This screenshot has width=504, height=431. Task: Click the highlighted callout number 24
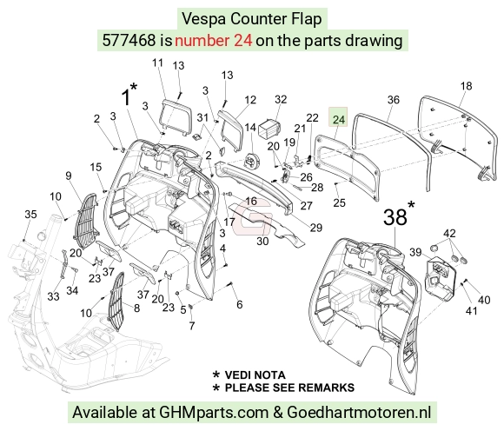(339, 120)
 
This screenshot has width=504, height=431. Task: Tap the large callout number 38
(395, 217)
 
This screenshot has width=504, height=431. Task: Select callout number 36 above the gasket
(393, 100)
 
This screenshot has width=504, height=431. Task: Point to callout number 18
(466, 86)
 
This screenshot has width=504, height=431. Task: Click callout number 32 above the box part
(281, 99)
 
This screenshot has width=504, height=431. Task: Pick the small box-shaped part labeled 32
(269, 128)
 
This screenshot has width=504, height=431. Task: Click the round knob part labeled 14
(251, 161)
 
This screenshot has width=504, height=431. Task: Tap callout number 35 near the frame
(30, 214)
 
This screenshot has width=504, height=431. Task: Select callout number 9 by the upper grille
(68, 176)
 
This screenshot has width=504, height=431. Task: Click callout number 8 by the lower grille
(136, 308)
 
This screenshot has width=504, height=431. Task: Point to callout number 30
(262, 241)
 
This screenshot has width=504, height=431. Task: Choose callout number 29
(316, 228)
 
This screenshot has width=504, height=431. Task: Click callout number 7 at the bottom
(191, 326)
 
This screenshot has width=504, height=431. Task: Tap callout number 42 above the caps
(449, 233)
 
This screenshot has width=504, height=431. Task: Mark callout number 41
(471, 311)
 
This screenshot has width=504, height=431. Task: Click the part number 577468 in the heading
(129, 41)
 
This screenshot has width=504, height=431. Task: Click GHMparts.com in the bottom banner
(214, 413)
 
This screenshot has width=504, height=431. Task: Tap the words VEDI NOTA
(255, 375)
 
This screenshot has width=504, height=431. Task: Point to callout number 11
(157, 63)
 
